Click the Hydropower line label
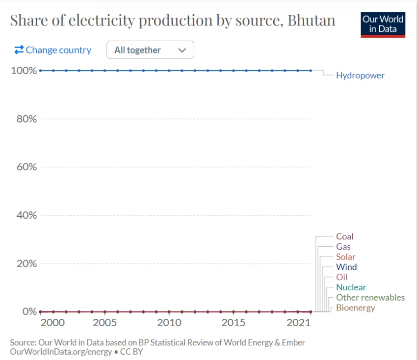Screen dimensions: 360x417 [x=360, y=76]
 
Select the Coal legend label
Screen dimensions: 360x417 [x=344, y=236]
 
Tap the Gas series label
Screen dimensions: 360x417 [x=343, y=247]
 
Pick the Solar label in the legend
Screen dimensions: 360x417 [x=345, y=257]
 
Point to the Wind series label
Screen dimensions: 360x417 [x=346, y=267]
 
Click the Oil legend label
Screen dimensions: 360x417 [x=341, y=278]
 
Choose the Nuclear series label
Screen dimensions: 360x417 [x=351, y=287]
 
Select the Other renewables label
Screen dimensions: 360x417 [x=370, y=298]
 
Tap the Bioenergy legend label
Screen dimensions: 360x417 [x=355, y=308]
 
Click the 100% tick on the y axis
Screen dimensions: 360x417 [x=24, y=71]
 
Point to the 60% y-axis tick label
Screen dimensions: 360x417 [x=25, y=167]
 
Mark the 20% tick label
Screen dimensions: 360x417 [x=25, y=263]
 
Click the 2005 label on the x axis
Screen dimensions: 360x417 [x=104, y=323]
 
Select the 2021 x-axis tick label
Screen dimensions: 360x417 [x=298, y=323]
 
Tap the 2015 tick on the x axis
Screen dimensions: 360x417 [x=233, y=323]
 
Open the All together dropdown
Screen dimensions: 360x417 [x=150, y=50]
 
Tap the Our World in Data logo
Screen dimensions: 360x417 [x=383, y=25]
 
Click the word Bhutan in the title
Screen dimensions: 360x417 [x=312, y=21]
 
